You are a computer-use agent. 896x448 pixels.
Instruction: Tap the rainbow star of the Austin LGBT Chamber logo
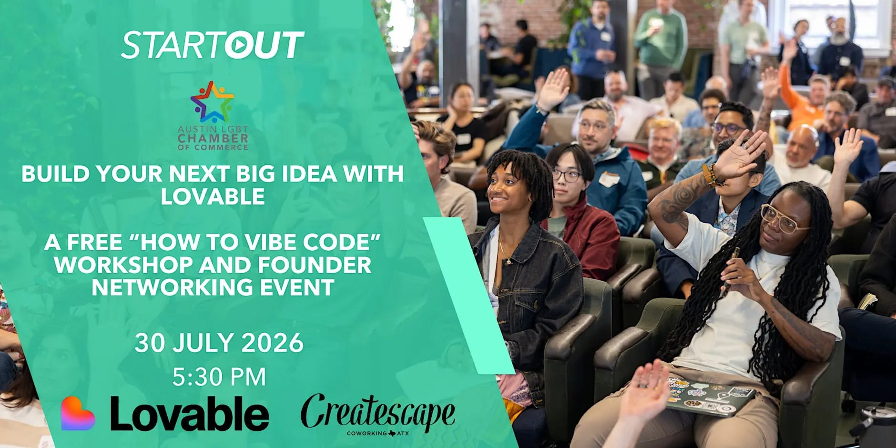click(x=213, y=102)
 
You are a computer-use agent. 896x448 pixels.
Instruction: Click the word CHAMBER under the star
click(x=213, y=138)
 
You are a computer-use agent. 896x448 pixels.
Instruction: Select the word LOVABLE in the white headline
click(x=213, y=196)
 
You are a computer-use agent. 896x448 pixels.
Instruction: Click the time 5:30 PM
click(x=219, y=377)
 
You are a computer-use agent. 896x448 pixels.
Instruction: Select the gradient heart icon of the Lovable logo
click(x=78, y=413)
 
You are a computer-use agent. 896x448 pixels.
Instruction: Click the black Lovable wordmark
click(x=190, y=413)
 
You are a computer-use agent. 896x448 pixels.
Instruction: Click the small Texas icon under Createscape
click(x=392, y=433)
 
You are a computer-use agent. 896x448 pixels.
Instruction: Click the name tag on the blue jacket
click(x=609, y=179)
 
